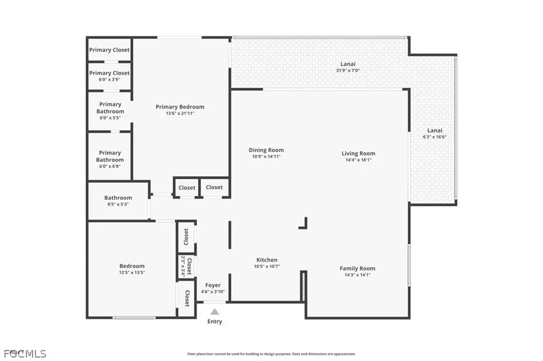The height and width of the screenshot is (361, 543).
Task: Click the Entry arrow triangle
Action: click(214, 312)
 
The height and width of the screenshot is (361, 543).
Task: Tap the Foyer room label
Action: click(213, 286)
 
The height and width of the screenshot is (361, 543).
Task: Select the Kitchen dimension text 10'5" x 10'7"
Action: click(267, 266)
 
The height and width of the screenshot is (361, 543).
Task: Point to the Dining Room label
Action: click(266, 150)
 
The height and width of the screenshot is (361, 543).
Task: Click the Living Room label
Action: click(358, 154)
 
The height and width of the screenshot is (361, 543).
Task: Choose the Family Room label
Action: click(357, 269)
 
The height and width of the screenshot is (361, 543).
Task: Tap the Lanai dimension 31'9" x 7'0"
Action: click(348, 71)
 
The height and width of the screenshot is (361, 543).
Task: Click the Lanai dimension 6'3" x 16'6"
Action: click(435, 137)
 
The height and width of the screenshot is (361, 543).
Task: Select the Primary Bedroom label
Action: click(180, 107)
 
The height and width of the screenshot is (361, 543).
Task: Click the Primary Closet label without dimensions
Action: click(109, 50)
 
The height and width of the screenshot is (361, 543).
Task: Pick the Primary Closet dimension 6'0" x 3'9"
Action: click(109, 80)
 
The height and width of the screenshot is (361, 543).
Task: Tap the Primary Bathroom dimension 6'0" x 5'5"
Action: click(110, 118)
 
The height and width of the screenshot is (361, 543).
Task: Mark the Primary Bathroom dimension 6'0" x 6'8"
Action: click(110, 166)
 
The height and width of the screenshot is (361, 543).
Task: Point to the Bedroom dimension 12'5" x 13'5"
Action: click(132, 272)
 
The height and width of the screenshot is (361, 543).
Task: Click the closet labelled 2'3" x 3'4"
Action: click(187, 266)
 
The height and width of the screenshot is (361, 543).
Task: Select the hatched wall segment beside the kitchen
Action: click(304, 286)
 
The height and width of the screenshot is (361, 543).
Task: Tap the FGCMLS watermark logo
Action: click(25, 353)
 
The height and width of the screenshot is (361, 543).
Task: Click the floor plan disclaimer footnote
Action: click(271, 354)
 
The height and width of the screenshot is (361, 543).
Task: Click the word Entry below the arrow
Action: click(215, 322)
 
